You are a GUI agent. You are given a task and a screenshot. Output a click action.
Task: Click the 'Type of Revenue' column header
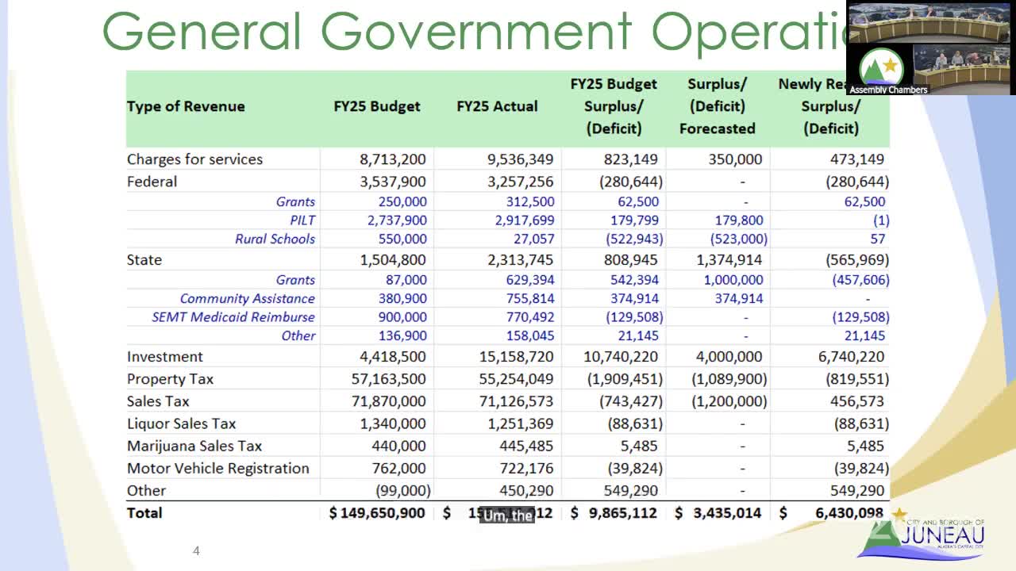(x=186, y=106)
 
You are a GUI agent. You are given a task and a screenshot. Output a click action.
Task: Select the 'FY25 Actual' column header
(x=497, y=106)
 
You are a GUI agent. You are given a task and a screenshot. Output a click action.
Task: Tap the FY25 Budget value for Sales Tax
(x=388, y=401)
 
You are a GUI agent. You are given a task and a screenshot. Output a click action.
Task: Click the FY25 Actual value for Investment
(x=516, y=357)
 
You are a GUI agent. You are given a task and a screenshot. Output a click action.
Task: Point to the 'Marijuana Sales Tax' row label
(x=194, y=446)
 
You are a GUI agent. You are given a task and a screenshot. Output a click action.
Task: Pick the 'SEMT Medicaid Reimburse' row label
(x=233, y=317)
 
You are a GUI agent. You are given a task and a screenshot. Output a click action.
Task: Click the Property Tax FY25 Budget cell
(x=388, y=379)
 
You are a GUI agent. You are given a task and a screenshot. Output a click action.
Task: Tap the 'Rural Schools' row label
(x=275, y=239)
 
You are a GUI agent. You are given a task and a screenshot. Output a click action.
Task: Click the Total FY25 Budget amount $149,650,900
(x=377, y=513)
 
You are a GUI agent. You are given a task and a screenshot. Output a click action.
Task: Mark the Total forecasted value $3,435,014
(x=718, y=513)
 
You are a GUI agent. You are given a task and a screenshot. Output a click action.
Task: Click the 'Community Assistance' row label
(x=247, y=299)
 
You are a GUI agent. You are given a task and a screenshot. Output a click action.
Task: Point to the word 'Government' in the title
(x=476, y=32)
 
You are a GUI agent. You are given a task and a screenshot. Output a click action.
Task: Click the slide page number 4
(x=196, y=550)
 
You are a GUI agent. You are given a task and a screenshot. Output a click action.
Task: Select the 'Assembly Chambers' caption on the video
(x=888, y=90)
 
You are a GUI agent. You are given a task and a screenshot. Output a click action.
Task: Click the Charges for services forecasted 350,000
(x=735, y=159)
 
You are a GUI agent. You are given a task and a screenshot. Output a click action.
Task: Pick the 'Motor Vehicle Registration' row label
(x=218, y=468)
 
